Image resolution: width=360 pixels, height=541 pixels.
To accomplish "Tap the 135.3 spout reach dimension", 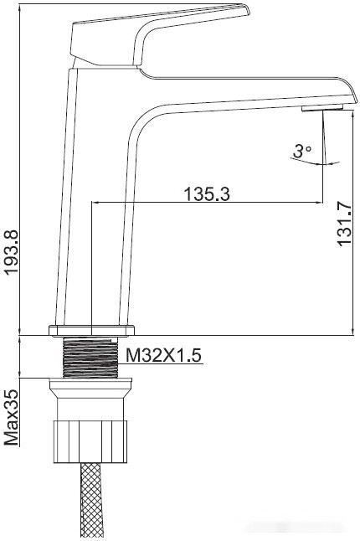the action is [207, 194].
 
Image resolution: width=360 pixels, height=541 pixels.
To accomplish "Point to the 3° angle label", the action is [302, 151].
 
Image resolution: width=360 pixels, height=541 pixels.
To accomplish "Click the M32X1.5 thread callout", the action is [163, 355].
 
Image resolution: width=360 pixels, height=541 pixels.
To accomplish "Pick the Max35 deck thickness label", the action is [11, 417].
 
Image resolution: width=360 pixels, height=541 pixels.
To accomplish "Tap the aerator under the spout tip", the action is [322, 108].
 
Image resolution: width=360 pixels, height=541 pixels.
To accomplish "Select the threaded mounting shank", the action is [90, 358].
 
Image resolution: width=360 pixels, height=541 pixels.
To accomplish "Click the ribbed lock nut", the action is [90, 441].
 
